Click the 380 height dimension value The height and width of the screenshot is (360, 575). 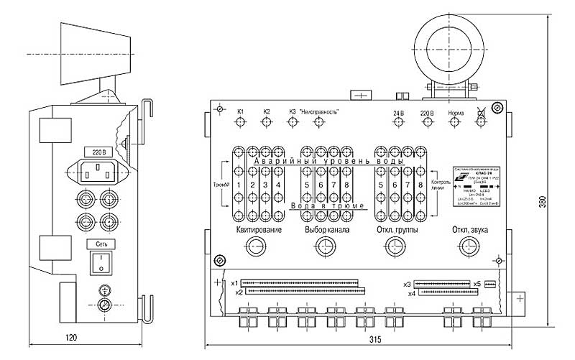coord(553,203)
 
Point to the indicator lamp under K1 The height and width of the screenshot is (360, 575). coord(241,122)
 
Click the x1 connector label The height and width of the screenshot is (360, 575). coord(234,282)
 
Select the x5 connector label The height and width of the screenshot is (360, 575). coord(477,284)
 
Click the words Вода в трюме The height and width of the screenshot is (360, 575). coord(329,206)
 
